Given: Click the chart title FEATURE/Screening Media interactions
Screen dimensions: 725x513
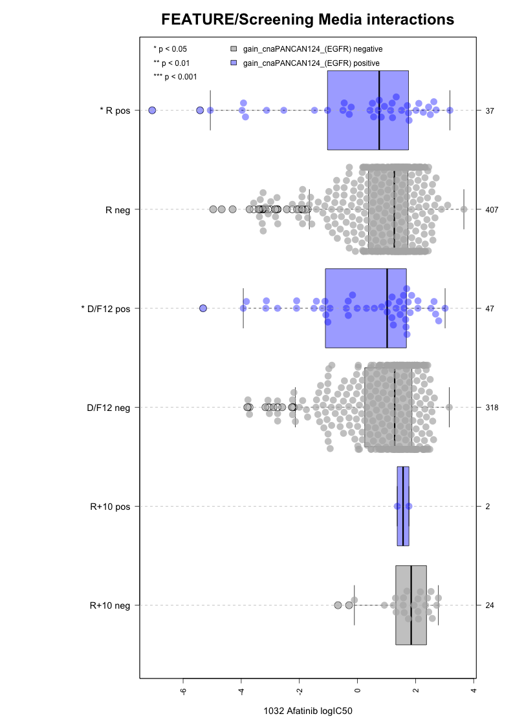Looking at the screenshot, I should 307,20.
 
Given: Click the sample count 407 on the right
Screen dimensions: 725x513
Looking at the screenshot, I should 491,209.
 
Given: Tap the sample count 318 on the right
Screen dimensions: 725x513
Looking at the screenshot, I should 491,407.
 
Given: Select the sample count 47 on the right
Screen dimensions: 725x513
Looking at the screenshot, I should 489,308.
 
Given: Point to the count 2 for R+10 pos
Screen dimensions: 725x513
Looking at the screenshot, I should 487,506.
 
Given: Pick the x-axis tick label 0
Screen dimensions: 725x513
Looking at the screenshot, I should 357,689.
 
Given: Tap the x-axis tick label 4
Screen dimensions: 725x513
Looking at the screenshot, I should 474,689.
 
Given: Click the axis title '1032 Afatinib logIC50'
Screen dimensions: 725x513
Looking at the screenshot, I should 308,711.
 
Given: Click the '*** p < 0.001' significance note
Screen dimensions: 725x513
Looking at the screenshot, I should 175,77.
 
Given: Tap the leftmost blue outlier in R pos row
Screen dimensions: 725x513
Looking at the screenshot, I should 152,110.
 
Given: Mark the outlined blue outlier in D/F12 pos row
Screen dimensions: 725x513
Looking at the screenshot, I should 203,308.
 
